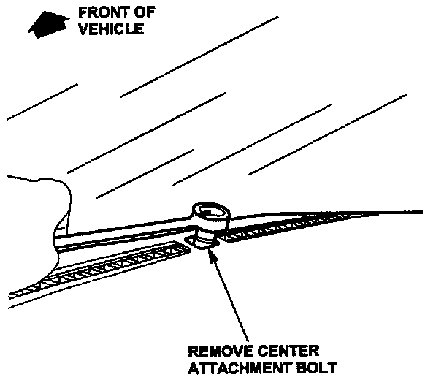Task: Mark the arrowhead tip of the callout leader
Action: point(210,250)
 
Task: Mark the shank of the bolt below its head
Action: point(209,234)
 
